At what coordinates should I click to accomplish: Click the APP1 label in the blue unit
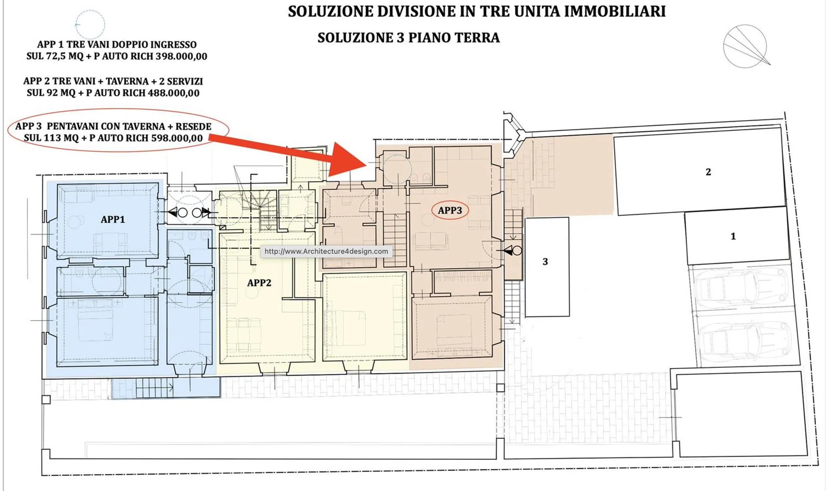(113, 219)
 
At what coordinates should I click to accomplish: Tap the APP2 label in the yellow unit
(259, 283)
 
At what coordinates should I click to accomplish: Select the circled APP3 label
(450, 210)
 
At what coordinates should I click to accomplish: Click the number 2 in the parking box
(708, 172)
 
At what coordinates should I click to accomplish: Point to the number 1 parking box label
(733, 236)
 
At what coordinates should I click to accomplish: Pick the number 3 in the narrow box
(545, 262)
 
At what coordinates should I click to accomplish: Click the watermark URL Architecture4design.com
(326, 251)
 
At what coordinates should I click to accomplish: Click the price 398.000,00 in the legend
(181, 57)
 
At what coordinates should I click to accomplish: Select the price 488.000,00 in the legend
(174, 93)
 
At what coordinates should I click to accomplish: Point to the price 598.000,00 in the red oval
(177, 138)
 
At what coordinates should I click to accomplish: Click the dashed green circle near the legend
(90, 25)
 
